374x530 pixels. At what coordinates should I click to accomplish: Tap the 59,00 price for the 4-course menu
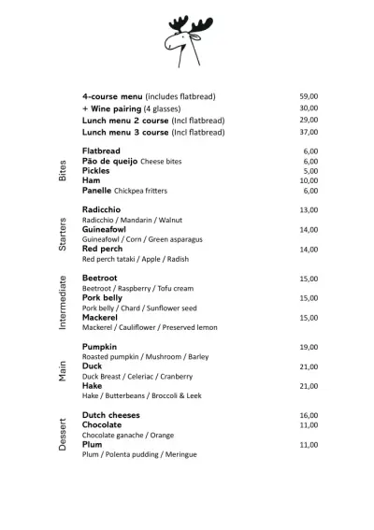(309, 96)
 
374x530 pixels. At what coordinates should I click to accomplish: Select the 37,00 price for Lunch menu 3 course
(309, 133)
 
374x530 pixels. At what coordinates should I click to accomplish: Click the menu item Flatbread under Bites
(101, 150)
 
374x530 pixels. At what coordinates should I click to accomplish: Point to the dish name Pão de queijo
(109, 161)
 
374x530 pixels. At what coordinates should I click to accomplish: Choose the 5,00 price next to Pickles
(310, 171)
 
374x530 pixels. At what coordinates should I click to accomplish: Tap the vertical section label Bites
(63, 171)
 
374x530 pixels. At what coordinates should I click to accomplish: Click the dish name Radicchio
(102, 209)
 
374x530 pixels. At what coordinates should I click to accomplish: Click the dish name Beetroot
(100, 279)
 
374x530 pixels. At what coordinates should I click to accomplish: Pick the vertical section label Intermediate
(63, 302)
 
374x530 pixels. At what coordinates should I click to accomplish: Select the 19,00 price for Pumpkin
(309, 347)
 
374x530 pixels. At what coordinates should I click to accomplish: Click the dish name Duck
(92, 366)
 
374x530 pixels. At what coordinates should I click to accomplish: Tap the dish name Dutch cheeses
(110, 415)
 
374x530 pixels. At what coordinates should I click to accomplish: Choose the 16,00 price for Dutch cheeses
(309, 415)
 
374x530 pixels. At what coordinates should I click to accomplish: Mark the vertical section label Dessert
(63, 434)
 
